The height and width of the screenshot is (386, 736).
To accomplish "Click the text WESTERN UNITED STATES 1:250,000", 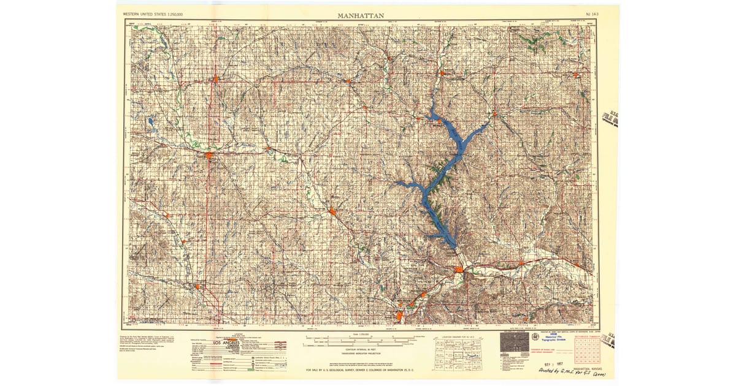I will point(153,13).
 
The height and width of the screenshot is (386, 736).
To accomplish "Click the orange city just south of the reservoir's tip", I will point(459,270).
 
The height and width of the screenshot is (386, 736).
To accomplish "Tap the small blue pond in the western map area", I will point(150,121).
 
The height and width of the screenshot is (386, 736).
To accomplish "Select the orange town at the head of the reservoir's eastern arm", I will point(494,113).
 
